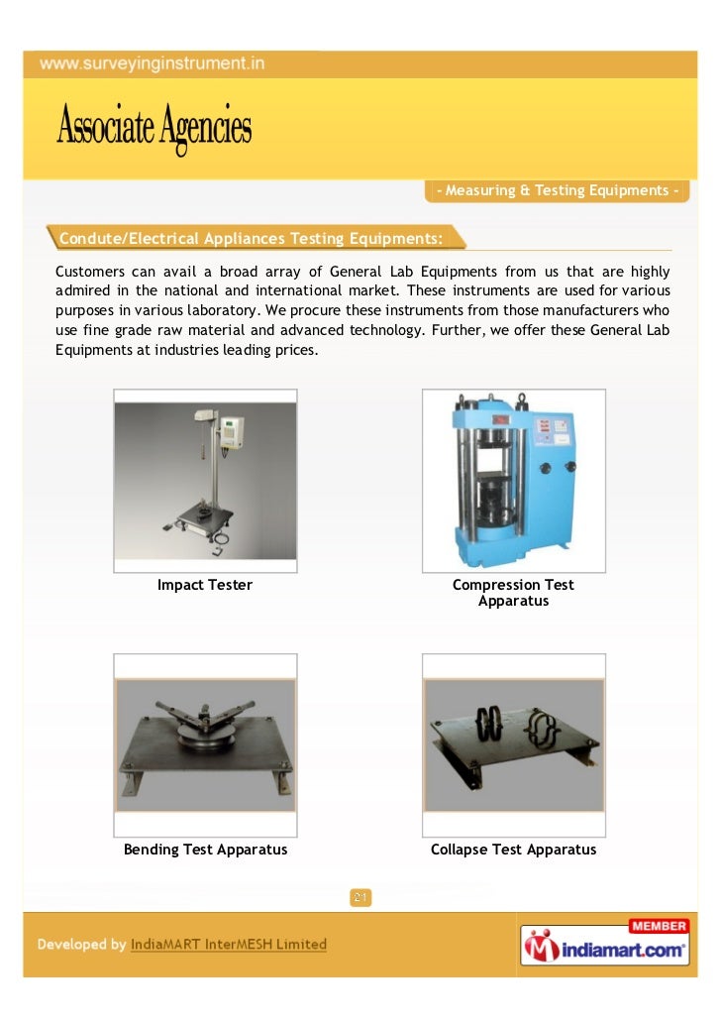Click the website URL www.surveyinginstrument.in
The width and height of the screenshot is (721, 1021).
pyautogui.click(x=153, y=64)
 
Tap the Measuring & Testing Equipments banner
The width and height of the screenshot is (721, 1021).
pyautogui.click(x=558, y=190)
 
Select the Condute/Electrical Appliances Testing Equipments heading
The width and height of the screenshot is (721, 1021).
pyautogui.click(x=251, y=238)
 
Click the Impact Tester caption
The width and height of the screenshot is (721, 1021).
pyautogui.click(x=205, y=585)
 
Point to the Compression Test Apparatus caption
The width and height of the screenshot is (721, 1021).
pyautogui.click(x=513, y=593)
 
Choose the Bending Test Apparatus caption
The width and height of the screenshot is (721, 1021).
pyautogui.click(x=205, y=850)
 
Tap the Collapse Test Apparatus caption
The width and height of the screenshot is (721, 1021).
pyautogui.click(x=513, y=850)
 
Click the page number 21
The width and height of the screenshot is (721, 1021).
pyautogui.click(x=360, y=898)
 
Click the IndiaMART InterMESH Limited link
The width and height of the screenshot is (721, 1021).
pyautogui.click(x=229, y=945)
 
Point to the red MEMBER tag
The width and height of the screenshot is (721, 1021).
pyautogui.click(x=659, y=926)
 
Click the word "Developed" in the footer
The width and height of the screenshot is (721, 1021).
pyautogui.click(x=71, y=945)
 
